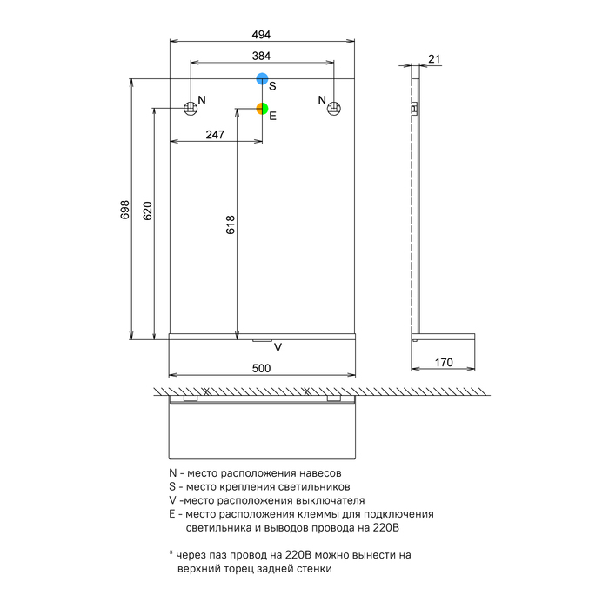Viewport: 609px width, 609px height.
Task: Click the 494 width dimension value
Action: (x=261, y=35)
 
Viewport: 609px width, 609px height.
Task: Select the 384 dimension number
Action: (x=261, y=56)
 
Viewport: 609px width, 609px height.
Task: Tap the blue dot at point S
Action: (x=262, y=78)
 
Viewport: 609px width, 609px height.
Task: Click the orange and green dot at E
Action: (x=262, y=109)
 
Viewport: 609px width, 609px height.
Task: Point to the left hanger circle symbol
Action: (x=191, y=108)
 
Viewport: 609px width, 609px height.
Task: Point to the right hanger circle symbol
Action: (x=333, y=109)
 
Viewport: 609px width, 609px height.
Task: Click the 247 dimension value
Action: (x=215, y=134)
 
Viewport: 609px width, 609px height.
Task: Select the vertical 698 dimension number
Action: (x=124, y=210)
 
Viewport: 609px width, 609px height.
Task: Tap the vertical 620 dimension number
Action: (x=148, y=211)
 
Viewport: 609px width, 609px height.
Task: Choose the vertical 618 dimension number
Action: (x=231, y=224)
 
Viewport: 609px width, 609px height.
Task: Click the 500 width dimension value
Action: (x=261, y=368)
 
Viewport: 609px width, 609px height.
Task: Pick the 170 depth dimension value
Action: (x=444, y=363)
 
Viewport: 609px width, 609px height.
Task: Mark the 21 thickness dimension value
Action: (x=434, y=59)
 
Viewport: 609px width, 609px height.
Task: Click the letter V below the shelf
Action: (x=278, y=347)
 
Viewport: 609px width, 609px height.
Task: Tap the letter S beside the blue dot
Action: (x=272, y=86)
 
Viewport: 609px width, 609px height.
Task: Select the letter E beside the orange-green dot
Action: (x=272, y=116)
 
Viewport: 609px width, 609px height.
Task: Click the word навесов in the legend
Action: (x=320, y=473)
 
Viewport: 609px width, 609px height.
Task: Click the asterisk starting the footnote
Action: (x=171, y=553)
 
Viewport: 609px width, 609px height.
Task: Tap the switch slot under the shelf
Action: (x=262, y=341)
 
